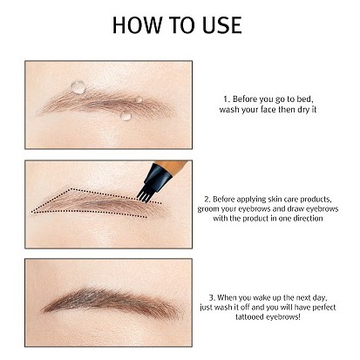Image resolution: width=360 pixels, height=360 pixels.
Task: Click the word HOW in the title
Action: (138, 24)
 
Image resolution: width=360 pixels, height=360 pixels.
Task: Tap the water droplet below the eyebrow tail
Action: (126, 114)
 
